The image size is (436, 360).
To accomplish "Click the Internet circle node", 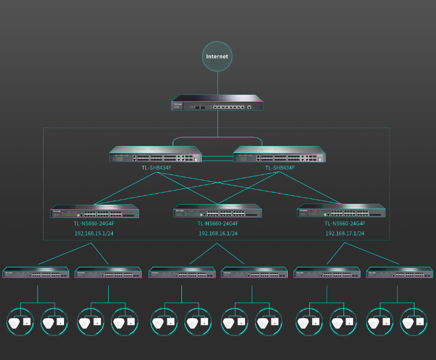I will [218, 56].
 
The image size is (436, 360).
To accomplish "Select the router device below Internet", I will [217, 105].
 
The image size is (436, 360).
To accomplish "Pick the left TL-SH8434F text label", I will [156, 168].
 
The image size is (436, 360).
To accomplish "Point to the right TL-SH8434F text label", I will [280, 168].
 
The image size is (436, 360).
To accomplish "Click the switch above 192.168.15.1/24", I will [95, 211].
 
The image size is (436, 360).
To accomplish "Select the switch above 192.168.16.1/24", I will [217, 211].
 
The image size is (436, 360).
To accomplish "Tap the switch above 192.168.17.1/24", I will [342, 211].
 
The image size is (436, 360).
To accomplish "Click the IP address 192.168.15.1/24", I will [94, 233].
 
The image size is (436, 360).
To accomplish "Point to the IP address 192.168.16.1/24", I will [218, 233].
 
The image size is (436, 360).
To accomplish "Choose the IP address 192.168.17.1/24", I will [345, 233].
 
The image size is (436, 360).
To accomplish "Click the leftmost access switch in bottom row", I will [36, 272].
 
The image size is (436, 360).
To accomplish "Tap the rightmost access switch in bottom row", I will [400, 272].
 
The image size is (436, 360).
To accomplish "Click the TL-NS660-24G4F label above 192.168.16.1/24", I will [218, 223].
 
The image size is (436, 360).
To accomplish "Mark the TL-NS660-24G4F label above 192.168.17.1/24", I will [345, 223].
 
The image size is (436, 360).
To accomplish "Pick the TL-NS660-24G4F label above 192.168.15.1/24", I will [94, 223].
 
